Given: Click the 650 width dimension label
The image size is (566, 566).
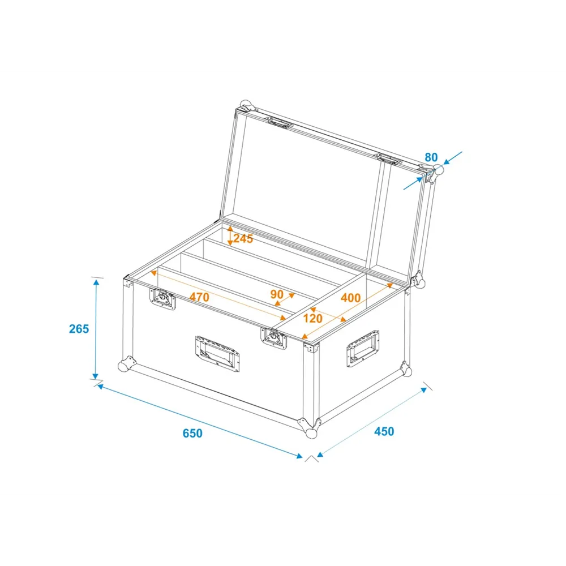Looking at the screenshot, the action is tap(192, 433).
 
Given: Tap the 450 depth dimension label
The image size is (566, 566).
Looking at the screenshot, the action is tap(384, 431).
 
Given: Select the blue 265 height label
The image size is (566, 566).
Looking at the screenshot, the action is tap(79, 329).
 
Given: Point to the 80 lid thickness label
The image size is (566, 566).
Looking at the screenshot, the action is tap(431, 157).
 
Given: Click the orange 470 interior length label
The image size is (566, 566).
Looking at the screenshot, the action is tap(199, 297).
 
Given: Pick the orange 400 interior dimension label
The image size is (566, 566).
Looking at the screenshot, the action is tap(350, 298).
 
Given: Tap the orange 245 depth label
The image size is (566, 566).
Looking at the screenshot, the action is tap(243, 239).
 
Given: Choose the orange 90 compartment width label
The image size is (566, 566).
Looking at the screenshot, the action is tap(277, 294).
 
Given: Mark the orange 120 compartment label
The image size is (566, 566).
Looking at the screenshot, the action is tap(312, 318).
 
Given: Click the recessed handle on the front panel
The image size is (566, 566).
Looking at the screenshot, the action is tap(217, 354).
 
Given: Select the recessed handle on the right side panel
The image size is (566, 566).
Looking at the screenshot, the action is tap(363, 348).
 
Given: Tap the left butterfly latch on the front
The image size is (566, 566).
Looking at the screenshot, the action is tap(162, 299).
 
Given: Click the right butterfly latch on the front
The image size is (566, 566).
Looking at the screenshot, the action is tap(273, 338).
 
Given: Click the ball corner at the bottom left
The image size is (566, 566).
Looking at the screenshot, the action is tap(126, 364).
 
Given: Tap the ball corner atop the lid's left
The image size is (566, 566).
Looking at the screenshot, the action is tap(247, 106).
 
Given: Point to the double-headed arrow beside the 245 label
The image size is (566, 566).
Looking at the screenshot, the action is tap(230, 235).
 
